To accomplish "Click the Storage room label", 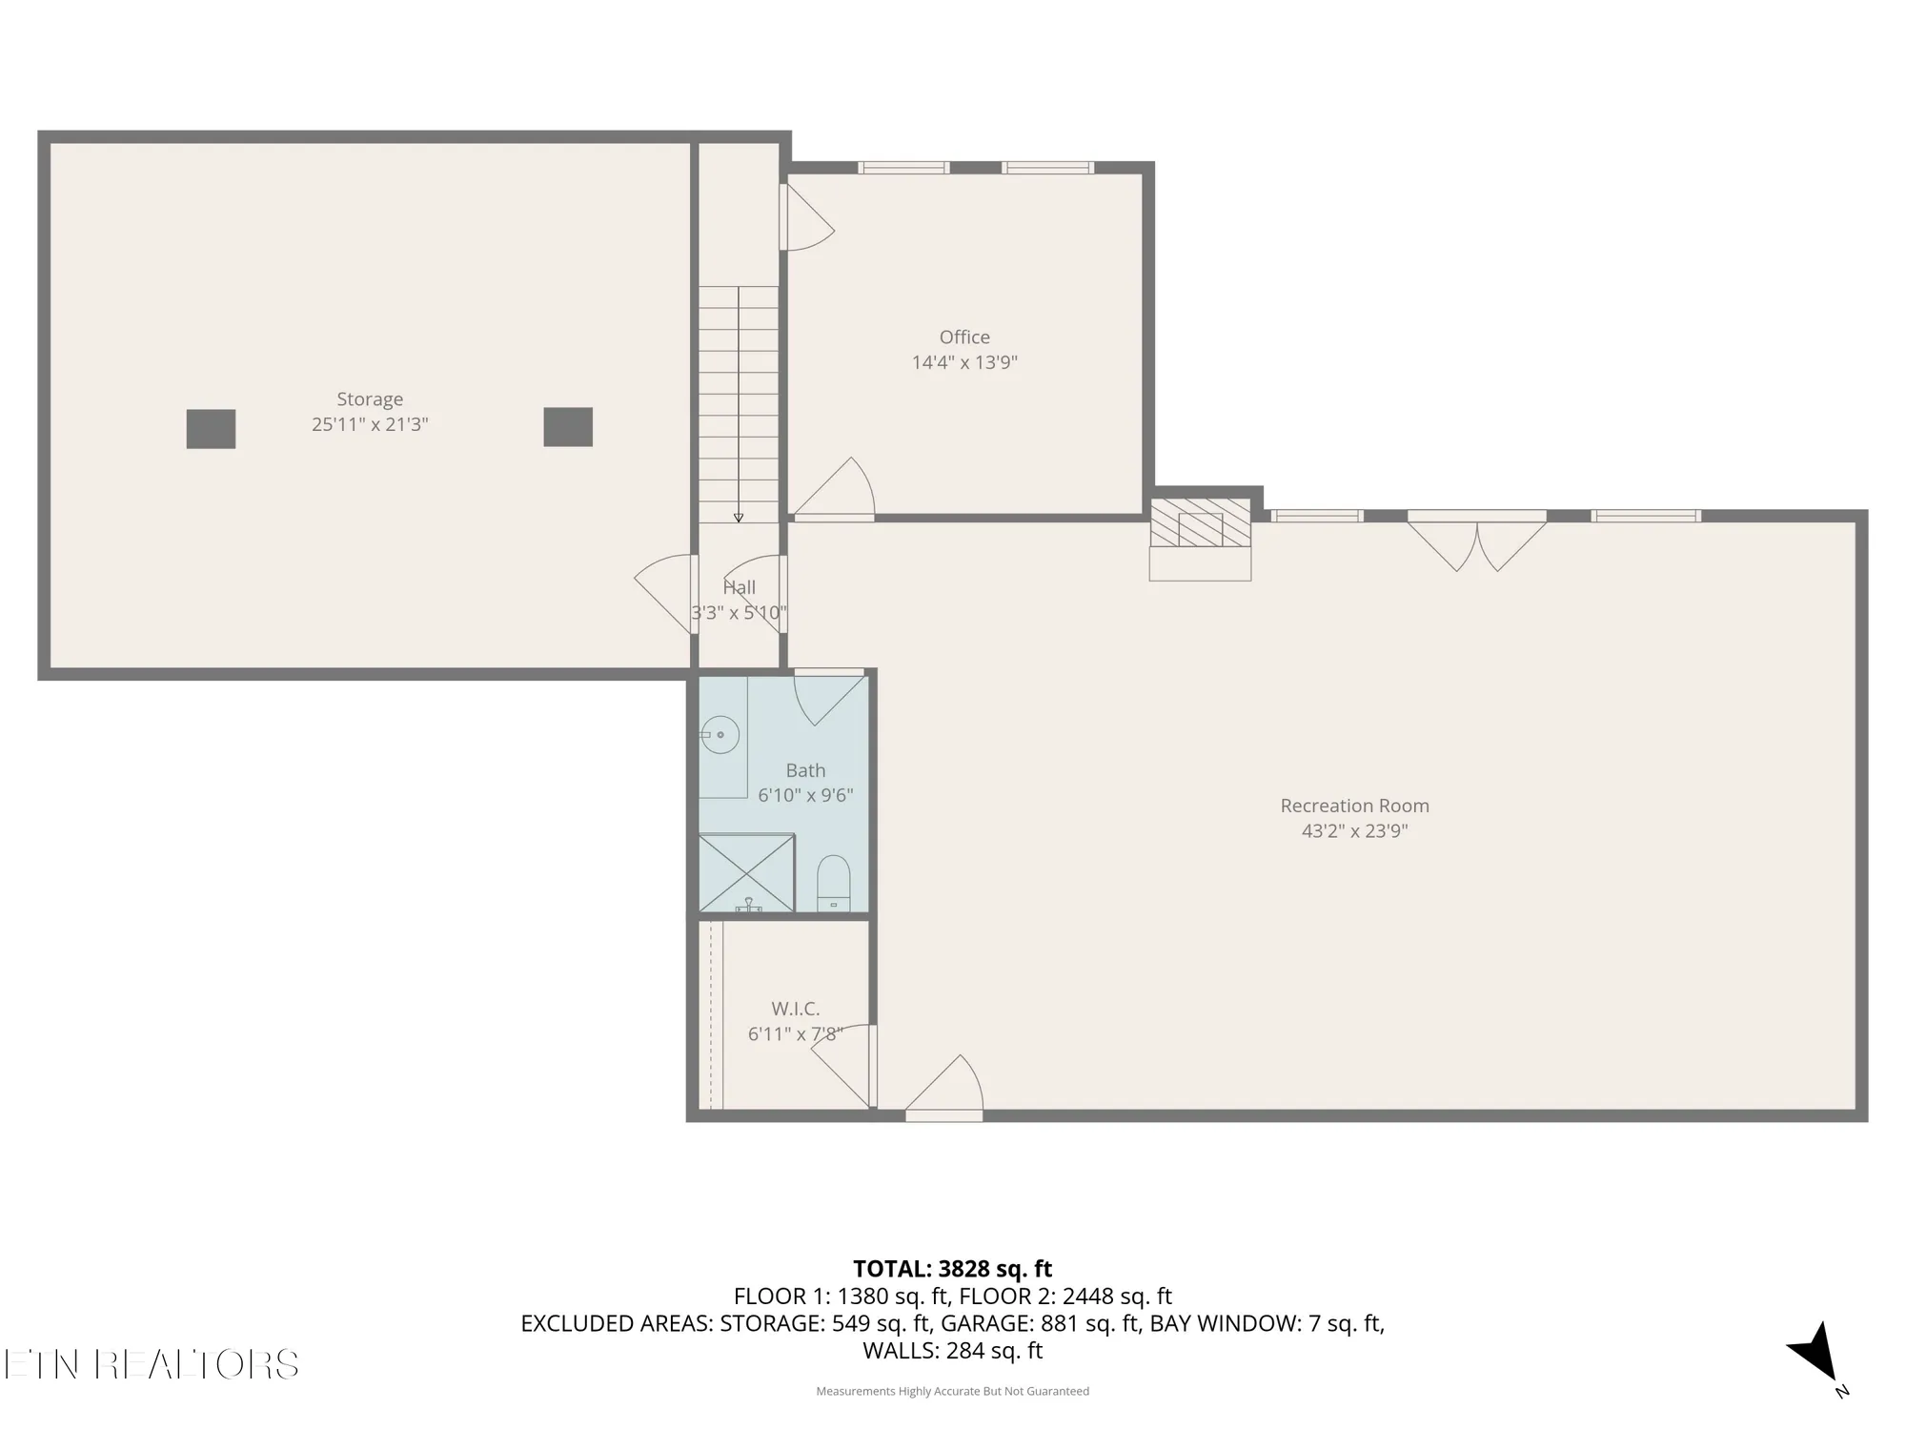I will (x=370, y=399).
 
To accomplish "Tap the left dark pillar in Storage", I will (x=211, y=429).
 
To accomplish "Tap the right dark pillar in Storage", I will (x=568, y=427).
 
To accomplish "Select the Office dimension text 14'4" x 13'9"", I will (x=964, y=362).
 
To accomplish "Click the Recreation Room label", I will (x=1354, y=806).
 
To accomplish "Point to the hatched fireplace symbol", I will (x=1200, y=523).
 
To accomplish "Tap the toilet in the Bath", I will (x=834, y=883).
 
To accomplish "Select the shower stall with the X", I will (x=747, y=873).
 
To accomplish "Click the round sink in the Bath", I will (x=721, y=735).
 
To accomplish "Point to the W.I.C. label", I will (x=796, y=1009).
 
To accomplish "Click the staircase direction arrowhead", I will (x=739, y=518).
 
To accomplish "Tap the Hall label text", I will (x=740, y=588).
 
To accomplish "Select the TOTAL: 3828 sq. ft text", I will (x=952, y=1269).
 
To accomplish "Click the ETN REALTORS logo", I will (x=151, y=1364).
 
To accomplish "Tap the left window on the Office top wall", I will (x=903, y=168).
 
